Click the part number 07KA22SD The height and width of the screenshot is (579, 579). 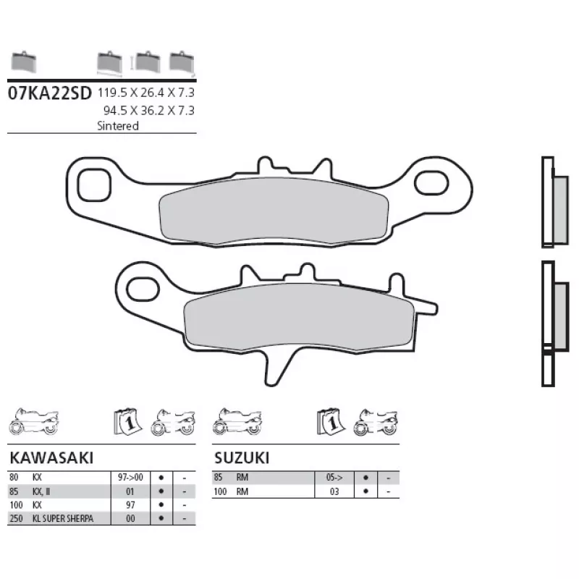[x=49, y=93]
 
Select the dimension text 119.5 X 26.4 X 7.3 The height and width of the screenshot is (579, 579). [x=146, y=93]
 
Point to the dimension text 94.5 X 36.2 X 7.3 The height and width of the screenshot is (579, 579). [x=149, y=111]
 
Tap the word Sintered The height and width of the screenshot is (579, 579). [x=118, y=126]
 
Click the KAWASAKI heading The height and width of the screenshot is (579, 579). [x=51, y=458]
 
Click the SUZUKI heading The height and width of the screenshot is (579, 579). [x=242, y=458]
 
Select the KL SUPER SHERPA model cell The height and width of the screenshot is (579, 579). [x=63, y=518]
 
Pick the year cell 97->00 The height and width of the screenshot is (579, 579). [x=130, y=477]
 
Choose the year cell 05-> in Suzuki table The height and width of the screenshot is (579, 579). [x=334, y=477]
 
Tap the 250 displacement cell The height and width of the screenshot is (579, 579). [x=16, y=518]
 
